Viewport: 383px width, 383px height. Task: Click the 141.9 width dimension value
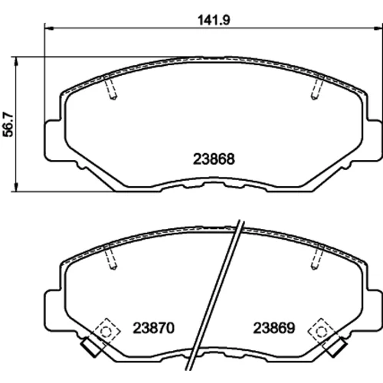tap(214, 21)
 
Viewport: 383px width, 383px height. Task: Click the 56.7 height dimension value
tap(8, 124)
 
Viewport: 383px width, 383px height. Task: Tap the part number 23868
tap(214, 159)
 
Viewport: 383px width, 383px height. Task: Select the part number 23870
tap(153, 328)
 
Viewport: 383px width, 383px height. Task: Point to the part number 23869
tap(274, 328)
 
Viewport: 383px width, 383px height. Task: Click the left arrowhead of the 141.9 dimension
tap(48, 28)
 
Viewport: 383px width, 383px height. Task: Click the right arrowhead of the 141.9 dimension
tap(378, 28)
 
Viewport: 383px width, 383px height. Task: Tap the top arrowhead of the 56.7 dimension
tap(16, 61)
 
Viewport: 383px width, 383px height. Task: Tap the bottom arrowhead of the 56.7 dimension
tap(16, 187)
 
